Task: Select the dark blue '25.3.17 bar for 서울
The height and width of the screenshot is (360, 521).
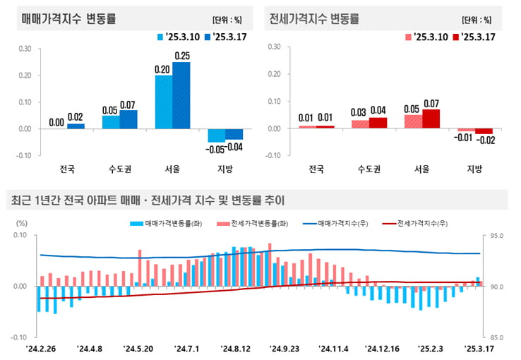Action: click(181, 95)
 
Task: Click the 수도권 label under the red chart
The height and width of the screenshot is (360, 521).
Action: click(369, 169)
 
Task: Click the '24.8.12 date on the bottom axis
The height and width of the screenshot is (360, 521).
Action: click(236, 348)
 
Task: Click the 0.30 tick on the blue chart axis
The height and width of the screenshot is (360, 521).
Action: click(25, 49)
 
